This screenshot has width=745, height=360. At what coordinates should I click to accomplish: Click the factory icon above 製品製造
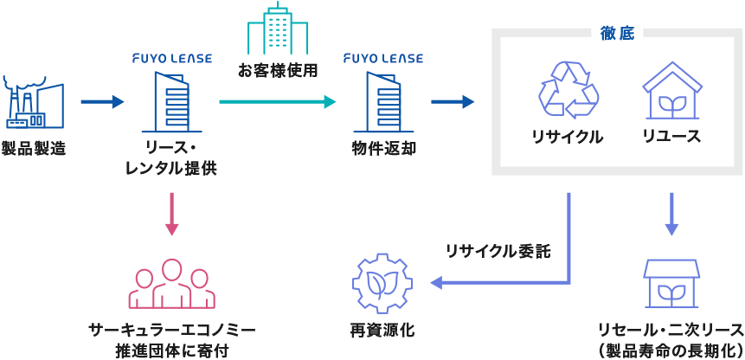coord(33,102)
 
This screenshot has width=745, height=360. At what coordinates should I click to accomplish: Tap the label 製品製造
coord(33,148)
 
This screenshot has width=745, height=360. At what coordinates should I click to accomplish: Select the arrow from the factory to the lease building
coord(102,102)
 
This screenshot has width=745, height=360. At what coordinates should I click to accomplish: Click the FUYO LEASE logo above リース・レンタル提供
coord(171,59)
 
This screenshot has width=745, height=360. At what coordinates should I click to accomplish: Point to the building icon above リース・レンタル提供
coord(171,100)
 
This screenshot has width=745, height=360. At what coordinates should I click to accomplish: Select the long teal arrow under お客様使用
coord(277,102)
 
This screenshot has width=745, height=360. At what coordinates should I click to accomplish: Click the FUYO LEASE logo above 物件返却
coord(383,59)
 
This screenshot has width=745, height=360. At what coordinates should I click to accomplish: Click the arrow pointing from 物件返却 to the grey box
coord(453,102)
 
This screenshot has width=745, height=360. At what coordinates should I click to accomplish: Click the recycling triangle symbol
coord(568,88)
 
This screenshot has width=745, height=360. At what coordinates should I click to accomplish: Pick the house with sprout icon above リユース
coord(671,90)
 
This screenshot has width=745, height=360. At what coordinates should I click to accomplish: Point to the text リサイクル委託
coord(498,251)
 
